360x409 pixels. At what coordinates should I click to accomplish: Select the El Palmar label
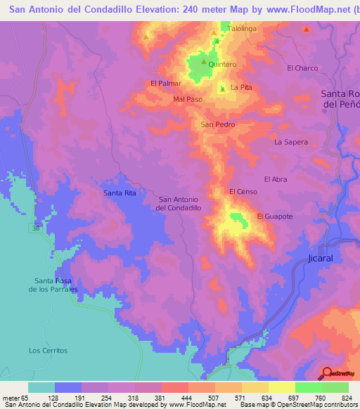coord(166,83)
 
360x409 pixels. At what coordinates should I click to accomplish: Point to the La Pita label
coord(241,88)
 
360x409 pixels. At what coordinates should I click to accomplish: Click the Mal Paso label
coord(188,99)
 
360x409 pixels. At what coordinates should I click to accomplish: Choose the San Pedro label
coord(218,124)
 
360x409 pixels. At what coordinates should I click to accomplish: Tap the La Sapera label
coord(291,142)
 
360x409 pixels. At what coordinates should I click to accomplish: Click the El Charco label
coord(302,68)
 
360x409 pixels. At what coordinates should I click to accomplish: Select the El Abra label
coord(275,179)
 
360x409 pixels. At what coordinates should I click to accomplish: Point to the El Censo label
coord(243,192)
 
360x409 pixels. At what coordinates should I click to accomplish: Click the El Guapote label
coord(274,216)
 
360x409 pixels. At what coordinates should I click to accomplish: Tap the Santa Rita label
coord(120,193)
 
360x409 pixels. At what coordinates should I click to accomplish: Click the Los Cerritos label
coord(48,350)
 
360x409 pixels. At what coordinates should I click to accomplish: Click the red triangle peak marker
coord(307,30)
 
